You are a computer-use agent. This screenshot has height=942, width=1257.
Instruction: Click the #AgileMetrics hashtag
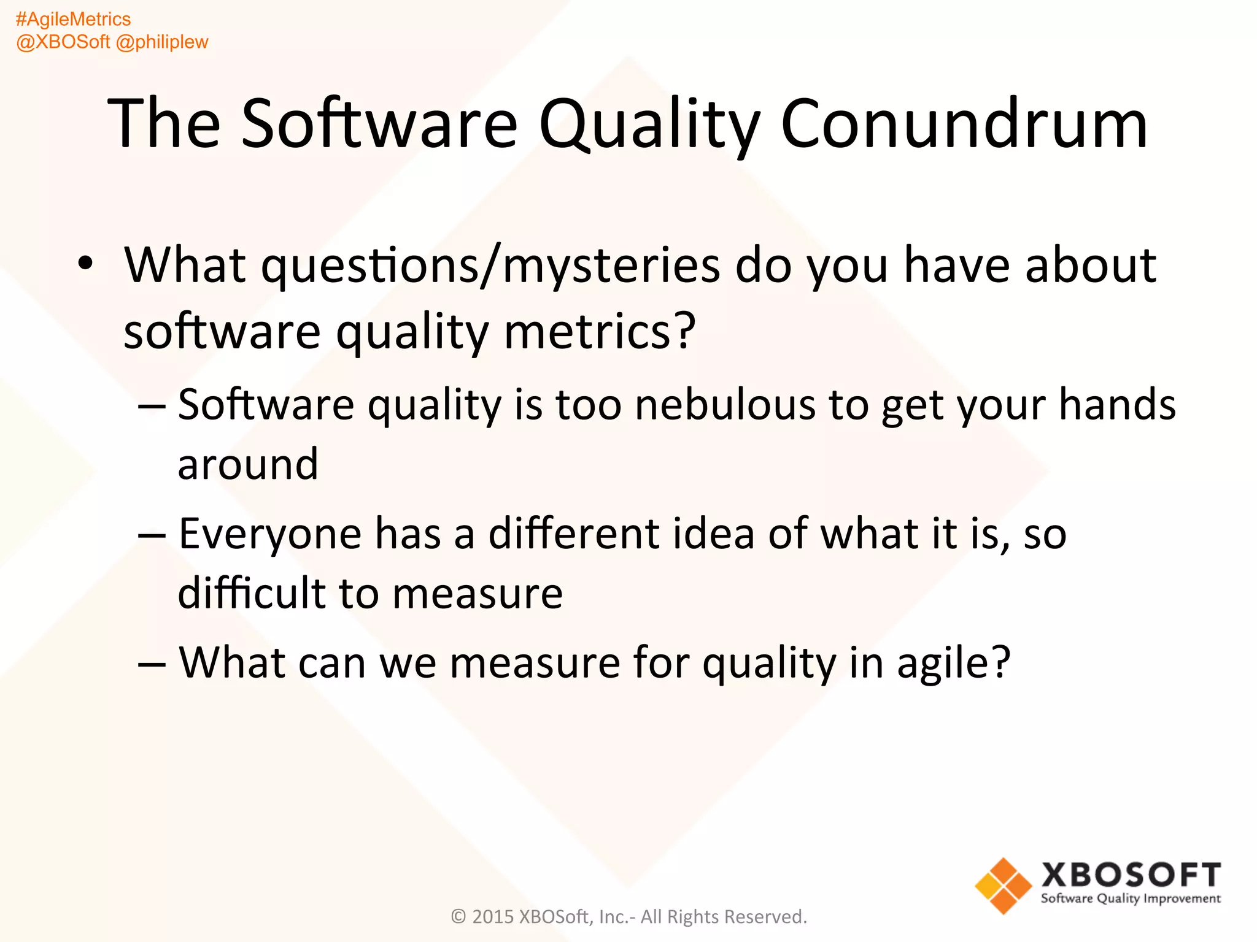pyautogui.click(x=73, y=20)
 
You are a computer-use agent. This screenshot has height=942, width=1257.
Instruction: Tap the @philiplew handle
pyautogui.click(x=162, y=42)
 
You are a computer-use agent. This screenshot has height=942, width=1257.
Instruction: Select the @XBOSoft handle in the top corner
pyautogui.click(x=63, y=42)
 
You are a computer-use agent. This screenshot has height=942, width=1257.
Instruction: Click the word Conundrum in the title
pyautogui.click(x=964, y=124)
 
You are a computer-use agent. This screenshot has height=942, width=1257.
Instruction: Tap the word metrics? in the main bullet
pyautogui.click(x=600, y=331)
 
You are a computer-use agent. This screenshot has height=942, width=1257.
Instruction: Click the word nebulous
pyautogui.click(x=725, y=405)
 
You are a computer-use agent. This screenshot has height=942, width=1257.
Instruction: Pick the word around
pyautogui.click(x=248, y=464)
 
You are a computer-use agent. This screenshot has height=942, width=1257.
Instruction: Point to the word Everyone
pyautogui.click(x=270, y=534)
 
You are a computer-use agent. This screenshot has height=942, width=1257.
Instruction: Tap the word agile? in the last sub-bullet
pyautogui.click(x=953, y=664)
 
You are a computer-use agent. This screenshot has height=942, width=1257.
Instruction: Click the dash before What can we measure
pyautogui.click(x=152, y=664)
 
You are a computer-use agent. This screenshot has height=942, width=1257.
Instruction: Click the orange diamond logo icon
pyautogui.click(x=1003, y=886)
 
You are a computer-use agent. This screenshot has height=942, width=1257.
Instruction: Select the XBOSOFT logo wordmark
pyautogui.click(x=1131, y=875)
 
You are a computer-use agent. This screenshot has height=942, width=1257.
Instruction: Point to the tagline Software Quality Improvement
pyautogui.click(x=1131, y=899)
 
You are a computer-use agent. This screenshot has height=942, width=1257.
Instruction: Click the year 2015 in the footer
pyautogui.click(x=493, y=917)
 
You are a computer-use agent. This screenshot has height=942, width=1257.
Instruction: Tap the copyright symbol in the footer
pyautogui.click(x=459, y=917)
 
